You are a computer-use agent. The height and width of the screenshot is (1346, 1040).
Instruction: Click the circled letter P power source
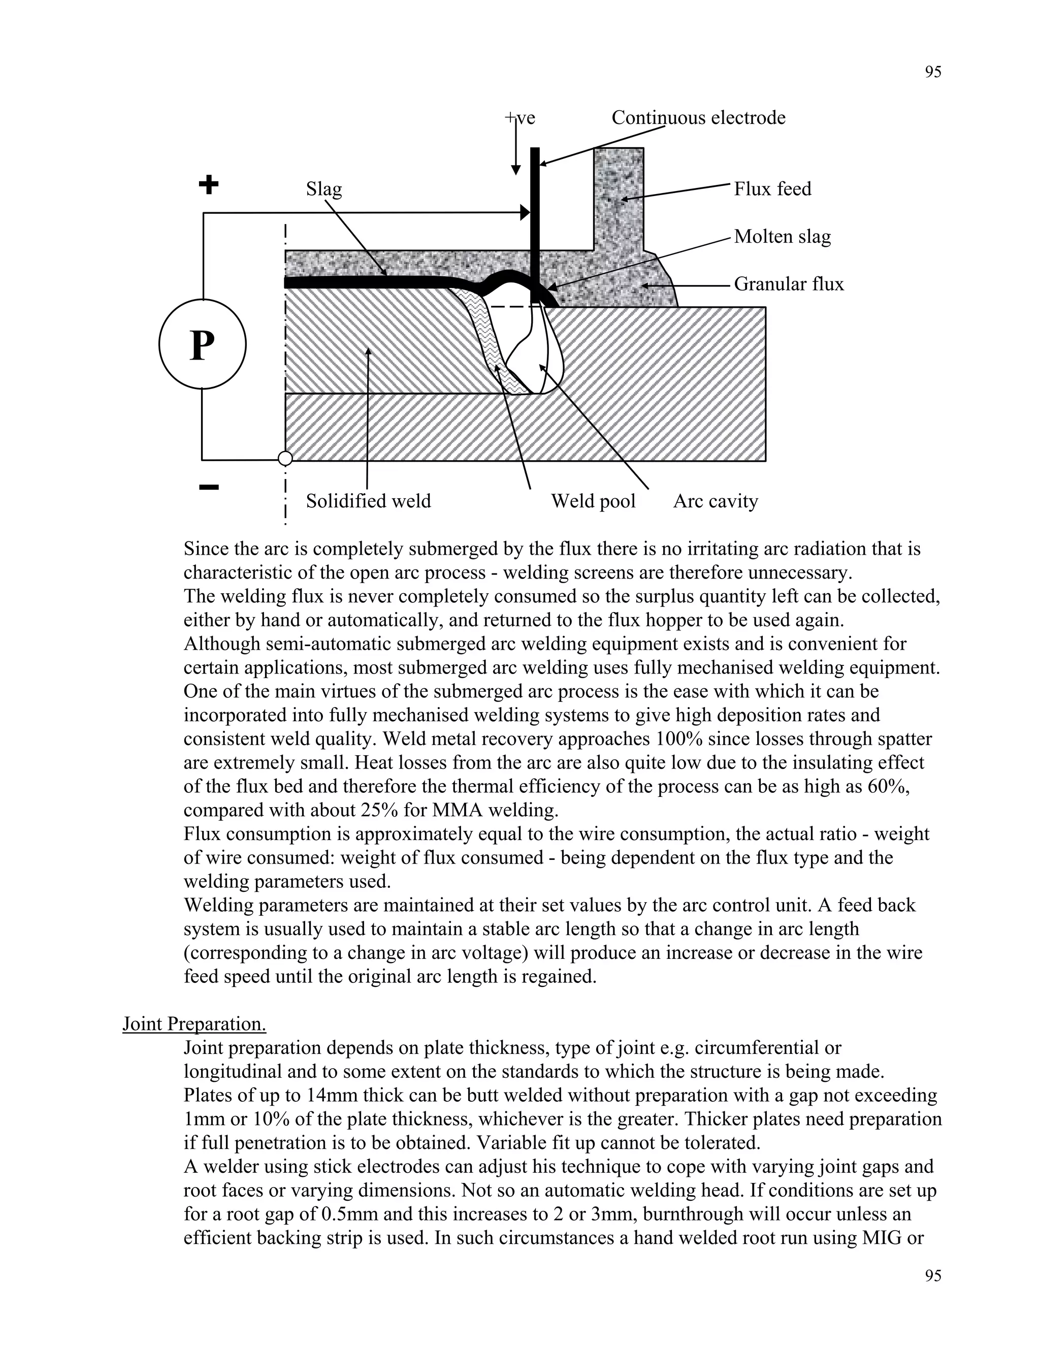pyautogui.click(x=202, y=344)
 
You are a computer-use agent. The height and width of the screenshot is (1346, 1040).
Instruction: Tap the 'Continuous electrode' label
pyautogui.click(x=698, y=118)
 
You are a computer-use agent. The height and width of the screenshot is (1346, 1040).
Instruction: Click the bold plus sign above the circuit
pyautogui.click(x=209, y=184)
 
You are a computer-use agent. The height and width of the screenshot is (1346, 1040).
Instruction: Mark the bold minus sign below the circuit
pyautogui.click(x=209, y=488)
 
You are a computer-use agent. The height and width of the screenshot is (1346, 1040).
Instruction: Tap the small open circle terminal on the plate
pyautogui.click(x=285, y=459)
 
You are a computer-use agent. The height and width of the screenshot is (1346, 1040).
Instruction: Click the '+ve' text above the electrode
pyautogui.click(x=521, y=118)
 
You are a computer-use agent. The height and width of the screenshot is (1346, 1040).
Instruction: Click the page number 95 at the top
pyautogui.click(x=933, y=72)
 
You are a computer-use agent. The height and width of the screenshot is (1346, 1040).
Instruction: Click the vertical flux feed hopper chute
pyautogui.click(x=619, y=197)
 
